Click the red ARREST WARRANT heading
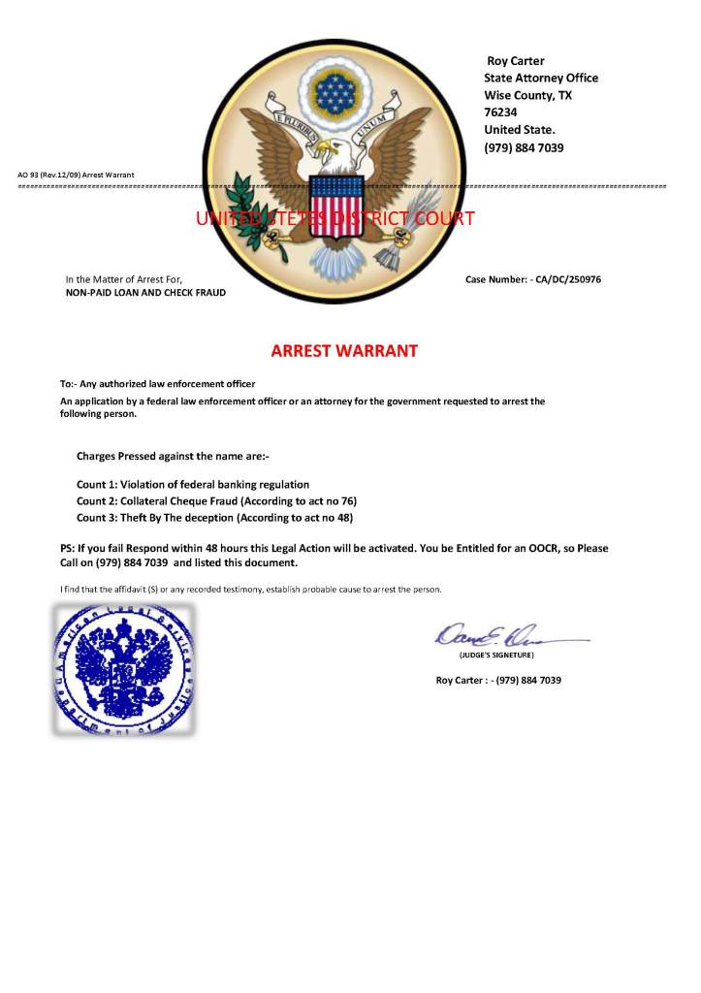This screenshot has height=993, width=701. pos(344,351)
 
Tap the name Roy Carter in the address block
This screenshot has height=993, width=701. pos(515,61)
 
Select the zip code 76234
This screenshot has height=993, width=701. pos(500,112)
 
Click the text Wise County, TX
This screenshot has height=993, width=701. pos(527,95)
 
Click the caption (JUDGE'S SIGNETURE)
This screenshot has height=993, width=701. pos(496,657)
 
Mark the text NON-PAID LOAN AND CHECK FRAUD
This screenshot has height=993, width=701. pos(145,292)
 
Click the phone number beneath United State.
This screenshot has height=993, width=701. pos(524,147)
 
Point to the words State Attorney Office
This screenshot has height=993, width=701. pos(541,78)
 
